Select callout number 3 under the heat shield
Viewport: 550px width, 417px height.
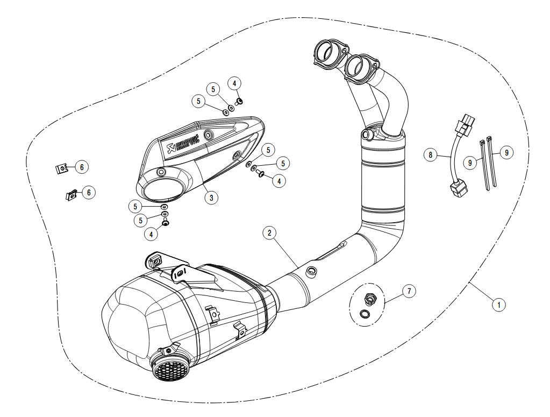point(212,197)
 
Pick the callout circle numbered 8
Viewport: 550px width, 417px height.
point(430,155)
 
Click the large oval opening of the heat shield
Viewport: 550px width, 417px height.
point(161,190)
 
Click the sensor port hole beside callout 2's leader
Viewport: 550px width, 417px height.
point(311,272)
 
